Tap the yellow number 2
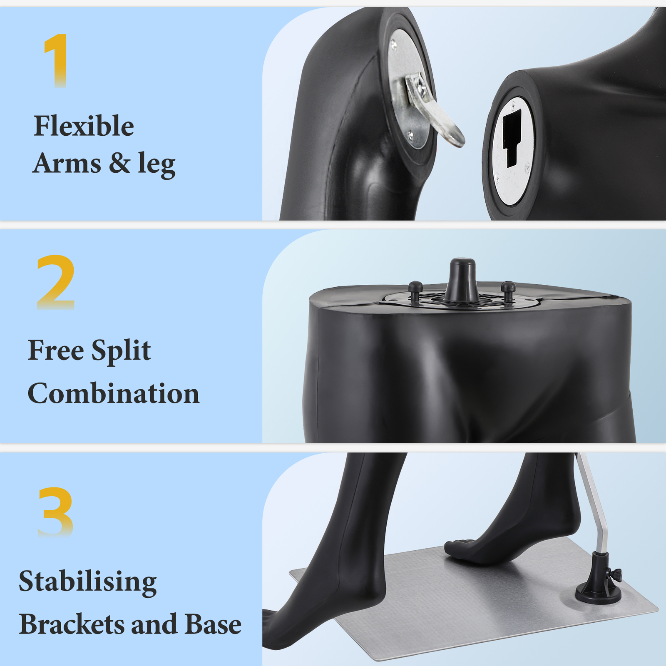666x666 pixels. pyautogui.click(x=56, y=282)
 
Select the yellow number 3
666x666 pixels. pyautogui.click(x=56, y=512)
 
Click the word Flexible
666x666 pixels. pyautogui.click(x=84, y=126)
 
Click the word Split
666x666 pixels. pyautogui.click(x=121, y=351)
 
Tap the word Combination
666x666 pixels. pyautogui.click(x=113, y=393)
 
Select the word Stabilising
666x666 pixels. pyautogui.click(x=87, y=582)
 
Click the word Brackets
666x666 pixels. pyautogui.click(x=72, y=624)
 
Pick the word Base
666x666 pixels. pyautogui.click(x=213, y=624)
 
